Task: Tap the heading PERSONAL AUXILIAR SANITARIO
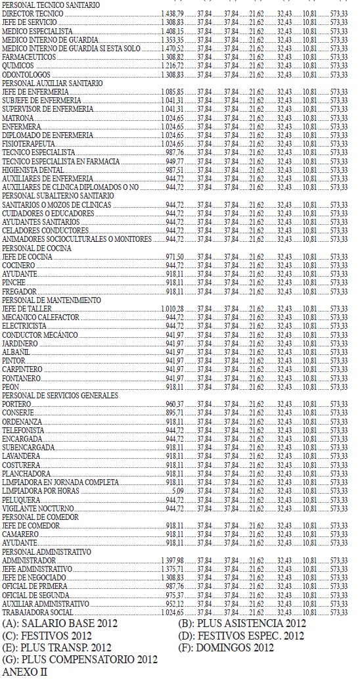click(x=53, y=83)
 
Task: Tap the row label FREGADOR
click(x=18, y=291)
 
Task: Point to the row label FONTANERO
click(x=21, y=378)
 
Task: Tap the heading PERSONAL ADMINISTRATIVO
click(x=47, y=551)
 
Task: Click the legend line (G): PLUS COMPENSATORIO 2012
click(x=81, y=659)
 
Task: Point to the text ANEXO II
click(x=24, y=671)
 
